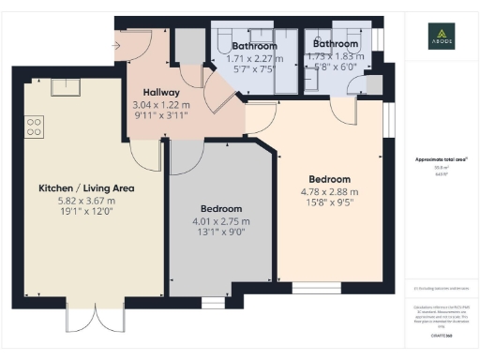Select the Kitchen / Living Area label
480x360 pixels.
[x=86, y=188]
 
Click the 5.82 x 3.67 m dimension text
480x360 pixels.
[x=85, y=201]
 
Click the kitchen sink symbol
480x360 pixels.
[x=66, y=87]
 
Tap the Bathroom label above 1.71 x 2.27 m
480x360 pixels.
[x=254, y=46]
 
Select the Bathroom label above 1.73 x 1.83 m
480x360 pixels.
[x=335, y=44]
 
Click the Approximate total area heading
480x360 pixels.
[x=442, y=159]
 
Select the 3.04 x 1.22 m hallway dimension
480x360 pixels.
[x=154, y=107]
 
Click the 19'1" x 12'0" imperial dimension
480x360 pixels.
[x=86, y=213]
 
